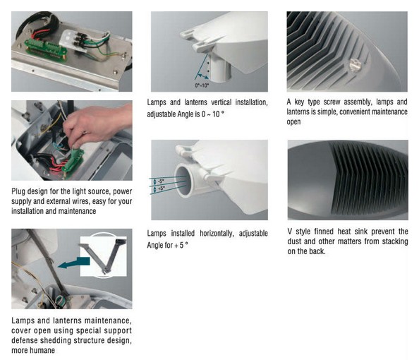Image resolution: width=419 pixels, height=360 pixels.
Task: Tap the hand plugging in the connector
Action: pos(99,124)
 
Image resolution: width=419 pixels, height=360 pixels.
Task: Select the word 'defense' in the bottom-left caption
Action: pos(25,340)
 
